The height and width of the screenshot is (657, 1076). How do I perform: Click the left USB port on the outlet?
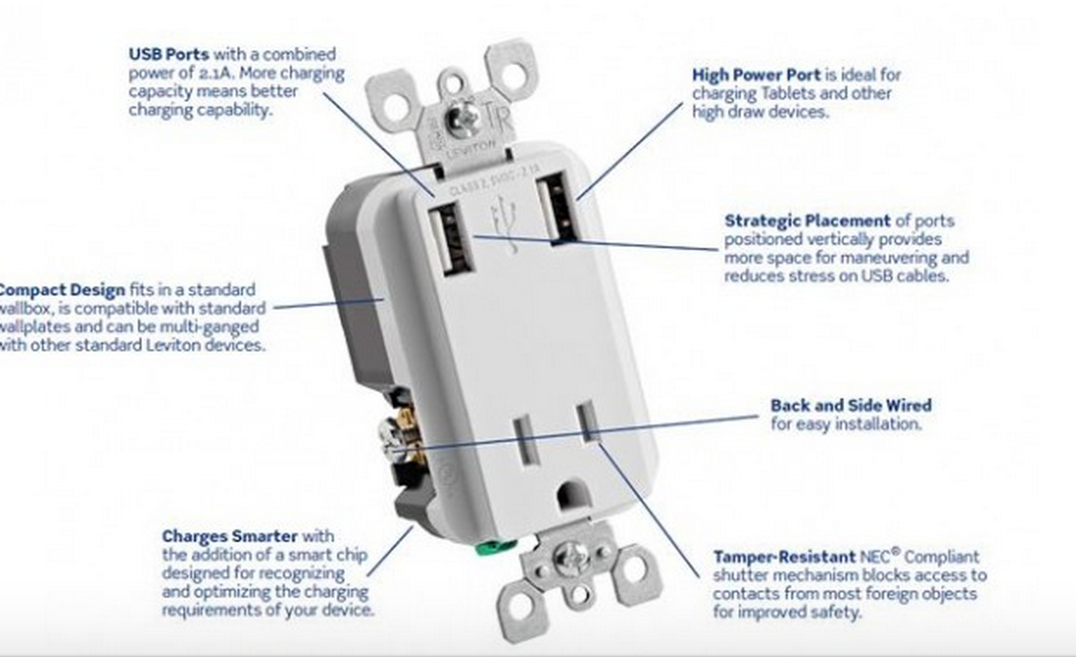click(450, 237)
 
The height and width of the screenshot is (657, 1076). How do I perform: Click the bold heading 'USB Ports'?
click(169, 54)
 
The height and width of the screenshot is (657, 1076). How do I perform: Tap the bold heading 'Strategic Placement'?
click(808, 220)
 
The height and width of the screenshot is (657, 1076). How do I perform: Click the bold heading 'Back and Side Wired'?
click(851, 405)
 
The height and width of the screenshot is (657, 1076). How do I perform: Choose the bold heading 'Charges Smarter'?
click(230, 536)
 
